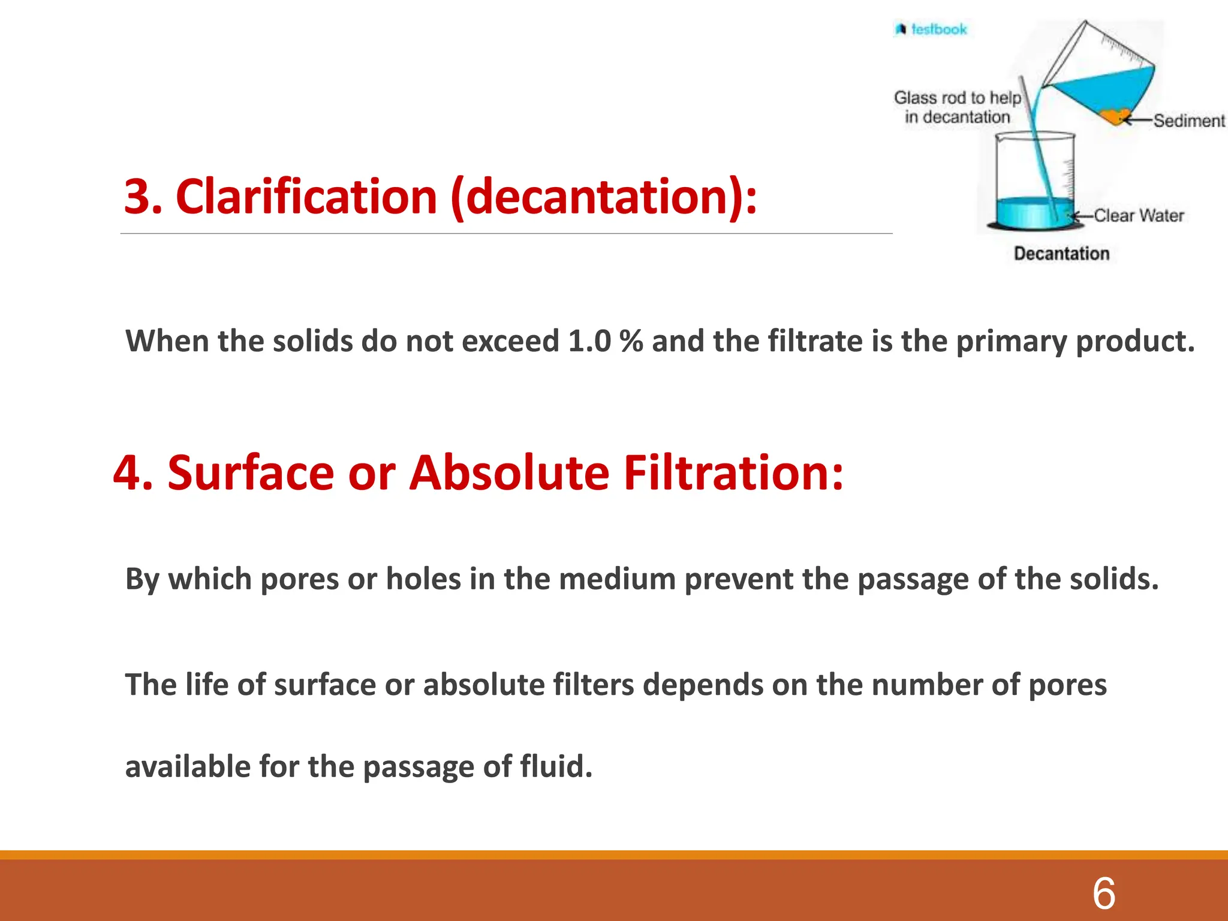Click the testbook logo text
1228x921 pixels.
(x=938, y=29)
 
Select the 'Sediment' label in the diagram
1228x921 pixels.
(x=1189, y=121)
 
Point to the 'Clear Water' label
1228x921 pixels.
(x=1139, y=215)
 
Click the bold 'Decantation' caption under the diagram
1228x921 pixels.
(x=1061, y=254)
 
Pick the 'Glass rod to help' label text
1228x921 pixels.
(x=957, y=97)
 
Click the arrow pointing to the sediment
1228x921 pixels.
(x=1138, y=121)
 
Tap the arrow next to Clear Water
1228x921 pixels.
(x=1083, y=216)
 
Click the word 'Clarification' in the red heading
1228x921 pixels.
(x=306, y=197)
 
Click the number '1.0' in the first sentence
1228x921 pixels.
(x=589, y=341)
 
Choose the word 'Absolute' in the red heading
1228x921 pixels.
(x=509, y=473)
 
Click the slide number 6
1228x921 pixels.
(x=1104, y=893)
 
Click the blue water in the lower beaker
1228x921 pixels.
(x=1025, y=213)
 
